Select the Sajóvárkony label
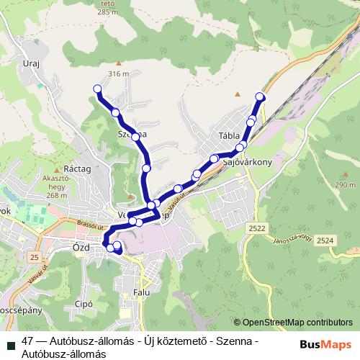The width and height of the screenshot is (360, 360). click(247, 163)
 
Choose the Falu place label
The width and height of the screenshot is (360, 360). click(142, 293)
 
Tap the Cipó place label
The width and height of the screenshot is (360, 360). click(85, 305)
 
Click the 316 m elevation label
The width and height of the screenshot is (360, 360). click(117, 73)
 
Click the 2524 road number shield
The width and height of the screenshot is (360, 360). click(325, 240)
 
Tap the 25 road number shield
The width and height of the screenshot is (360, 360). click(35, 256)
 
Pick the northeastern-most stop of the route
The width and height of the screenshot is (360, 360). click(260, 96)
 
